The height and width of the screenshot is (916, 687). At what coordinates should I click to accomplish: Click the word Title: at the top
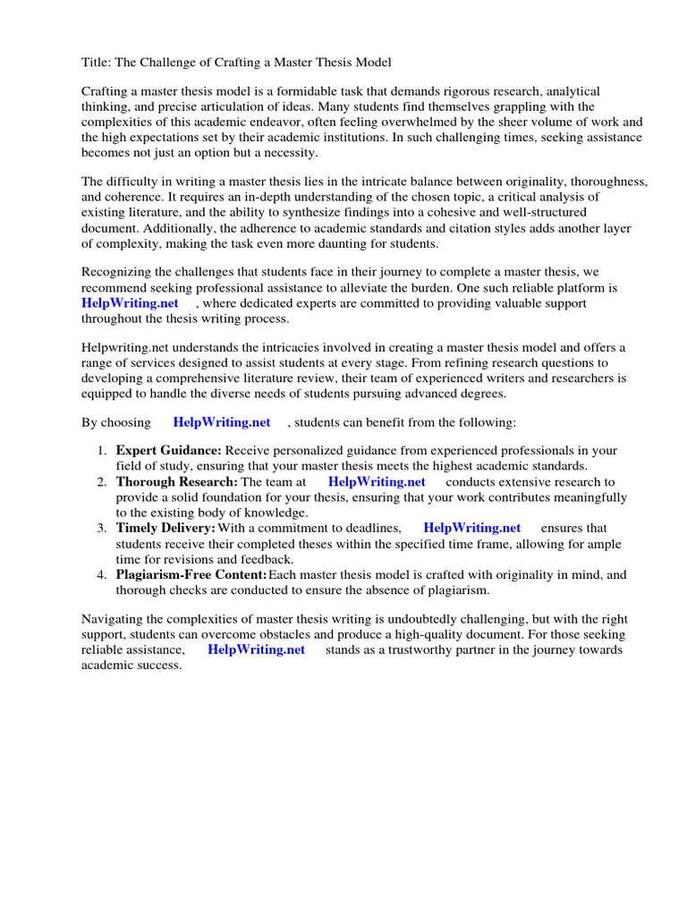click(x=98, y=63)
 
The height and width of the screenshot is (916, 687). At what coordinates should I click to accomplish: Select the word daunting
click(x=341, y=242)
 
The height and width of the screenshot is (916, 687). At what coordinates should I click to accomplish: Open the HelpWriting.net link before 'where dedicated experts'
click(x=131, y=303)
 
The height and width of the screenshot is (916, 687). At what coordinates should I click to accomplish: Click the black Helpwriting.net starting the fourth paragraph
click(x=126, y=348)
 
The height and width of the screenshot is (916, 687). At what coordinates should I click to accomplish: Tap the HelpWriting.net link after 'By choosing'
click(x=222, y=422)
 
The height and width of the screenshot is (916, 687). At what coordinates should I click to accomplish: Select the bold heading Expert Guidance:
click(x=168, y=451)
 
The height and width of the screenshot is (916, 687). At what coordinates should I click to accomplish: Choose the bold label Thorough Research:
click(x=177, y=482)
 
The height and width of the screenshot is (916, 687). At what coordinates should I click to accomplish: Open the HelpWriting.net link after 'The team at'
click(x=377, y=482)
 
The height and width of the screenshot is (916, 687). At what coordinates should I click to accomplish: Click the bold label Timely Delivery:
click(x=165, y=529)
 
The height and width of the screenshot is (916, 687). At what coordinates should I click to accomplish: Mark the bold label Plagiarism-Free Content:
click(x=191, y=574)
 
